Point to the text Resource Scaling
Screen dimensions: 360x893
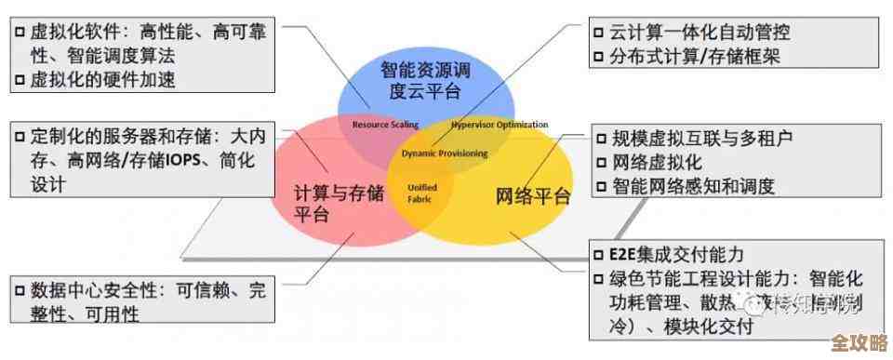(385, 124)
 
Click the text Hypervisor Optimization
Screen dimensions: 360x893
(499, 124)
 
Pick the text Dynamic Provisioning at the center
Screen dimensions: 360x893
(444, 152)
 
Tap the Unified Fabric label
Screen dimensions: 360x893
(422, 193)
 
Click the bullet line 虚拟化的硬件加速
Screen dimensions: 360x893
(102, 79)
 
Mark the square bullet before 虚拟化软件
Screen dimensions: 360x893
(20, 33)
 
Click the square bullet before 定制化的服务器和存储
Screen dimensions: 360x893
(20, 137)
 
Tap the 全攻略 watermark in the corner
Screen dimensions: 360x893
(857, 341)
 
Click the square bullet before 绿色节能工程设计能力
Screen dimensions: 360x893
(601, 279)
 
